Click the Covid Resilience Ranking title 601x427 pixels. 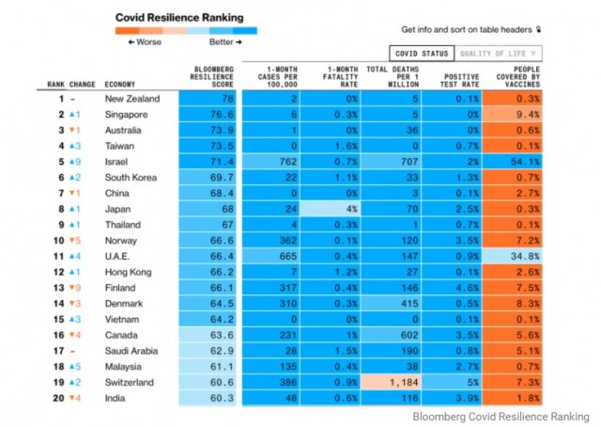click(178, 17)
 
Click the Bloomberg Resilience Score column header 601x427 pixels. click(212, 76)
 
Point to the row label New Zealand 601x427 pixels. click(132, 99)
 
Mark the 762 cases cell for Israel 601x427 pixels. click(274, 162)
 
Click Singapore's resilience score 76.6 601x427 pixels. click(212, 115)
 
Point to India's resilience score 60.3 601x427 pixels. click(212, 399)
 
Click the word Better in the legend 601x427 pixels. click(222, 42)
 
